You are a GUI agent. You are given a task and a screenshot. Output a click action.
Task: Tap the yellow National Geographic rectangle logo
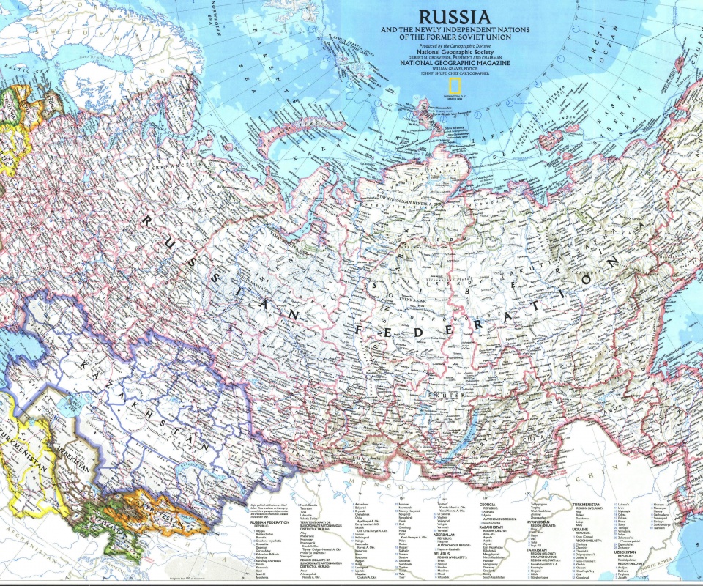coord(455,86)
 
